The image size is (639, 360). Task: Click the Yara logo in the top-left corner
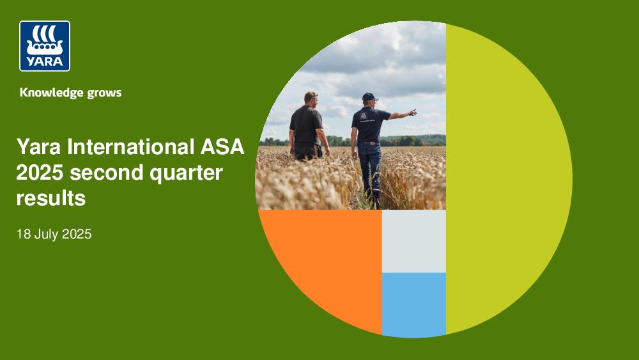point(45,46)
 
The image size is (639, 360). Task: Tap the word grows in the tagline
point(104,93)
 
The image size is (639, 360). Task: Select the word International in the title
point(131,146)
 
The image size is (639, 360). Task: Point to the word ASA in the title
point(222,146)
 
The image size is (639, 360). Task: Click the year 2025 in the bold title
point(40,173)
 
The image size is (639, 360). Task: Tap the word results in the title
point(51,199)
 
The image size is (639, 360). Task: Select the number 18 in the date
point(23,235)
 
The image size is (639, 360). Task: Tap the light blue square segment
point(413,304)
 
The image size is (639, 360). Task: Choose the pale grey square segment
point(413,241)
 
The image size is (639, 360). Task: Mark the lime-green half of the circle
point(505,180)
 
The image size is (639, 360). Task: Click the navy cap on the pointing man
point(369,97)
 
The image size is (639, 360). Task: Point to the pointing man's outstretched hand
point(412,112)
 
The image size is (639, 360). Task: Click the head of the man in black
point(311,98)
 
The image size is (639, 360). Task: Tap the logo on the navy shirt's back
point(364,116)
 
